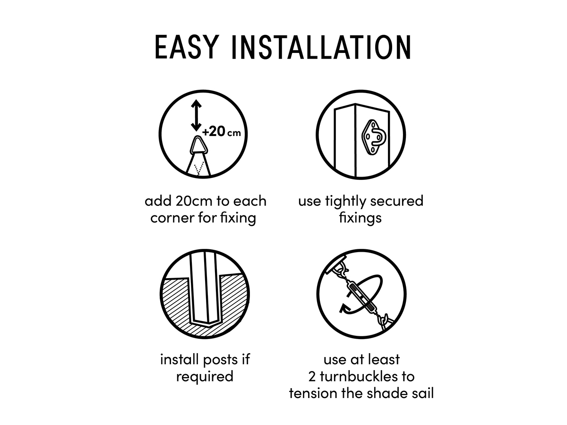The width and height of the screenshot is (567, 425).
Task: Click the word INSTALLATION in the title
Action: click(321, 48)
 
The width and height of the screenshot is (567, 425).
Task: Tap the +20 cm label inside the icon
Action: click(222, 132)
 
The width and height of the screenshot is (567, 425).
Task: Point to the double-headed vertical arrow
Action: click(196, 115)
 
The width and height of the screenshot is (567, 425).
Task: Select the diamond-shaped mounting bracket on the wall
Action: click(374, 137)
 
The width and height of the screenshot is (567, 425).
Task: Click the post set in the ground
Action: click(206, 289)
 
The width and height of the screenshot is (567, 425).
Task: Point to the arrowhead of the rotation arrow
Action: click(343, 308)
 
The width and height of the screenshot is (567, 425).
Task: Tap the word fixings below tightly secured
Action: click(360, 218)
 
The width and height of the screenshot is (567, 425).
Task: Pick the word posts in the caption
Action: click(220, 360)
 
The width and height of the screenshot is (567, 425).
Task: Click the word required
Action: click(205, 377)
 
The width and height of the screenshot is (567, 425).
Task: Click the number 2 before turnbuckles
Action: click(312, 377)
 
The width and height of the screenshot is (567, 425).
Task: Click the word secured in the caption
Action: click(397, 201)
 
